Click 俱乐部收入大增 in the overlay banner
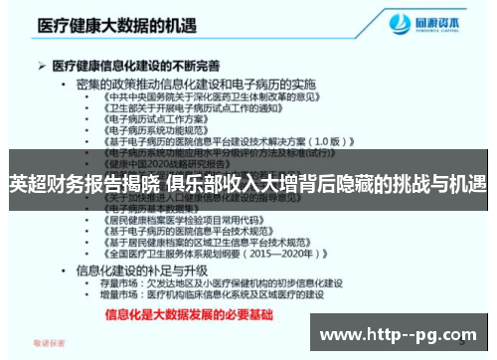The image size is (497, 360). pos(230,183)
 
